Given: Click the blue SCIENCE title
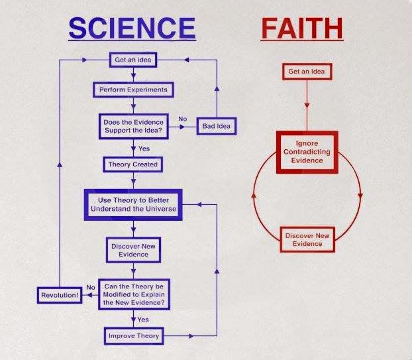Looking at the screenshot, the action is point(132,28).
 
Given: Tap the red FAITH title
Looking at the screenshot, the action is point(302,29).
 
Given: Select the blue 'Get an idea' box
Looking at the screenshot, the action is point(133,60).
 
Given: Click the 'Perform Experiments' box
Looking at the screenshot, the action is point(133,90).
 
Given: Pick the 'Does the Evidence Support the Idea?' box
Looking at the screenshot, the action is point(134,126).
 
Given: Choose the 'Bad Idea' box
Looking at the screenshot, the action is point(217,126).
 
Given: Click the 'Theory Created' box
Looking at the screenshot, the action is point(133,164).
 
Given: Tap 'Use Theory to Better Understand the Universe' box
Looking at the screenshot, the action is point(133,205).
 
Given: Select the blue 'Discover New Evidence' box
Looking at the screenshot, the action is point(133,250).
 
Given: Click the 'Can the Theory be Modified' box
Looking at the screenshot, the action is point(134,294).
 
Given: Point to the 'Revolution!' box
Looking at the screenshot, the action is point(60,295).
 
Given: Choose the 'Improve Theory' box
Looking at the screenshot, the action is point(134,336).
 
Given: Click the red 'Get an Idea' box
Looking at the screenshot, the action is point(307,71).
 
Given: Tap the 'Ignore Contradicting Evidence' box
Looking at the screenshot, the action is point(307,152).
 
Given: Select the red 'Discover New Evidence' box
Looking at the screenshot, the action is point(307,239).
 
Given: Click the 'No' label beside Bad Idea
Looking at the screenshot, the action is point(183,119).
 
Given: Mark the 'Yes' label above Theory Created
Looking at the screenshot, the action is point(144,149).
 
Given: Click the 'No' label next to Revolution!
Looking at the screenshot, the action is point(91,288).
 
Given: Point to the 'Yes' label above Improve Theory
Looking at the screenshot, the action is point(143,320).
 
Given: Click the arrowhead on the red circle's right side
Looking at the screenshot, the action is point(360,196).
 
